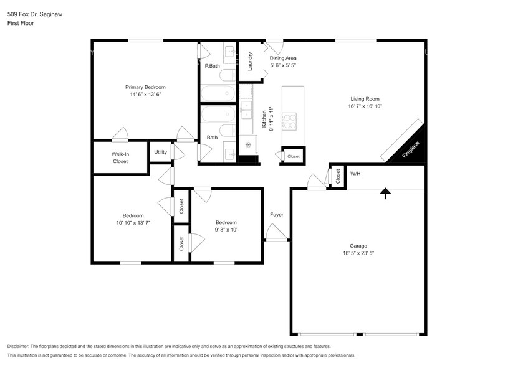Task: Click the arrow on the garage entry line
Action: [x=386, y=194]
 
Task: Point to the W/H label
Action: [x=355, y=174]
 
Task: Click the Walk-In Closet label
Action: [x=120, y=157]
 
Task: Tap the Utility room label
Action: [x=160, y=151]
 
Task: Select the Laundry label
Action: [x=250, y=61]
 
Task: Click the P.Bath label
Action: [x=212, y=66]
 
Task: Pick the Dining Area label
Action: [x=283, y=58]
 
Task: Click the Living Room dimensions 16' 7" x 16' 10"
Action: [x=365, y=106]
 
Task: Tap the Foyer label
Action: [x=277, y=215]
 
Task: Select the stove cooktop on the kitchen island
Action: [x=291, y=118]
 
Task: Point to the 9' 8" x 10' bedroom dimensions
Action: [x=226, y=230]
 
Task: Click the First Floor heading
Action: [x=21, y=23]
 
